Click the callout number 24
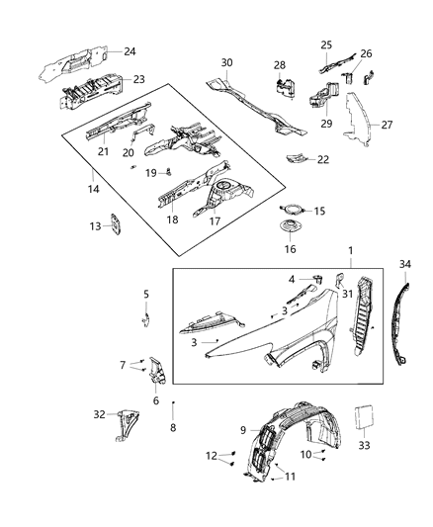coord(130,50)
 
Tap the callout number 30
coord(226,62)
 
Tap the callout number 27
coord(387,126)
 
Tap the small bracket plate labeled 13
coord(115,226)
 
